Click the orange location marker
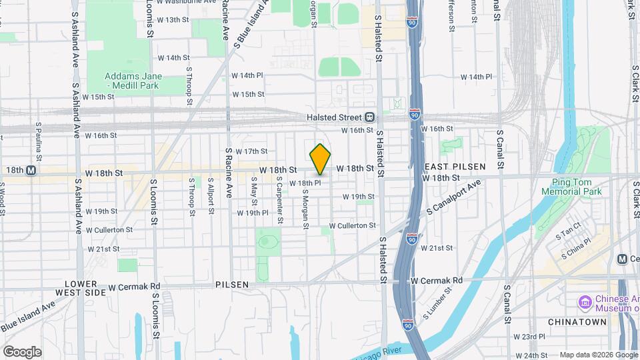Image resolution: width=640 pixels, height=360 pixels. [321, 159]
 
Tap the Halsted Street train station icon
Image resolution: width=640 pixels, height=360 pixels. [369, 117]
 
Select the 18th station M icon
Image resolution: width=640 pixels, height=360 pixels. [31, 171]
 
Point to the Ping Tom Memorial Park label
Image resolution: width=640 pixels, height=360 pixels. [577, 187]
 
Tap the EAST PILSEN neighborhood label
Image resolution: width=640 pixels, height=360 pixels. [455, 166]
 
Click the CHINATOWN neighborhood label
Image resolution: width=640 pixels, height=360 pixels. [577, 322]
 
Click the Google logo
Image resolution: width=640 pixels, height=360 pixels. [22, 352]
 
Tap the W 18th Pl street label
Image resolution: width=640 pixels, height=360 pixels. [305, 183]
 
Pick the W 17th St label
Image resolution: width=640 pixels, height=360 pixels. [251, 152]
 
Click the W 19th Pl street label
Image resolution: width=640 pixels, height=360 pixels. [253, 213]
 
